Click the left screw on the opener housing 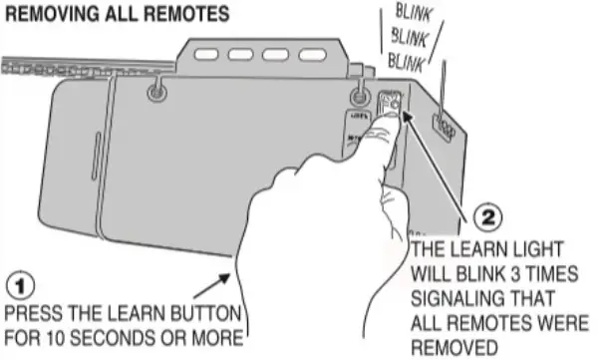pyautogui.click(x=155, y=93)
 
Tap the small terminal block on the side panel pyautogui.click(x=445, y=126)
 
